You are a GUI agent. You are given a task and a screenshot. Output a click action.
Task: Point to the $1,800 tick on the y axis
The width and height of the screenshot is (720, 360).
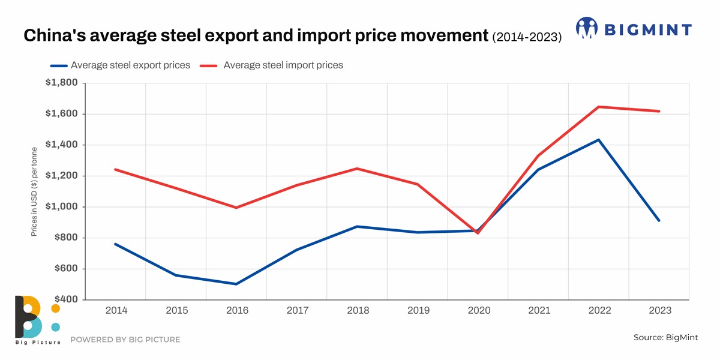click(x=61, y=83)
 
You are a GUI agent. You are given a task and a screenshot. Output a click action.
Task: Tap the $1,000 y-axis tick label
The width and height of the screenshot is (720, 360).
click(x=61, y=207)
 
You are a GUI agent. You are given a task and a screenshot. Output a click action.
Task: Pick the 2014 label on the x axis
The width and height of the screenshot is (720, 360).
click(x=116, y=311)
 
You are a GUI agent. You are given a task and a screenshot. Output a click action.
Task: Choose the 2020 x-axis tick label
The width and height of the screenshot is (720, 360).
click(x=478, y=311)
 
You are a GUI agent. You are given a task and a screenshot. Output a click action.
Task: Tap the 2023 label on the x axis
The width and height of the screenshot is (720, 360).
click(x=659, y=311)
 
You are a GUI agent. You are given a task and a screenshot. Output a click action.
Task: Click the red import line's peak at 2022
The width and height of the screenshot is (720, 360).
click(x=599, y=107)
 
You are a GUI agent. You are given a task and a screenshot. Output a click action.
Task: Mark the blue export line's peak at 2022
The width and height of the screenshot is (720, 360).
click(x=599, y=140)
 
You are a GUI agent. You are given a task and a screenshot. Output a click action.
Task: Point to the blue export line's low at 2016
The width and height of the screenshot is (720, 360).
click(x=236, y=284)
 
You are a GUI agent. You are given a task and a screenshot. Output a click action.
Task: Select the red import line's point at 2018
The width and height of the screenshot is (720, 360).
click(x=357, y=169)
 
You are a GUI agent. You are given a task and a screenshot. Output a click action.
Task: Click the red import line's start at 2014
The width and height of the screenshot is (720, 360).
click(x=115, y=169)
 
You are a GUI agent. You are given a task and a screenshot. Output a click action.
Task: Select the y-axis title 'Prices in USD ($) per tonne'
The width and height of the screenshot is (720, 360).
click(x=34, y=191)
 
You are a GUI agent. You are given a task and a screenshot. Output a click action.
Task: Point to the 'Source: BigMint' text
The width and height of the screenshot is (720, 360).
click(x=665, y=338)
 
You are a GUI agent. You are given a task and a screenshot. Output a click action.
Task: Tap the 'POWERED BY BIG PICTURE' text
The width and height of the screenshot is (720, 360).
click(x=125, y=340)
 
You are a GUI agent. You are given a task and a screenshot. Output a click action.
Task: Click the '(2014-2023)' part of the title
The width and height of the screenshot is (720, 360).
click(x=527, y=37)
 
